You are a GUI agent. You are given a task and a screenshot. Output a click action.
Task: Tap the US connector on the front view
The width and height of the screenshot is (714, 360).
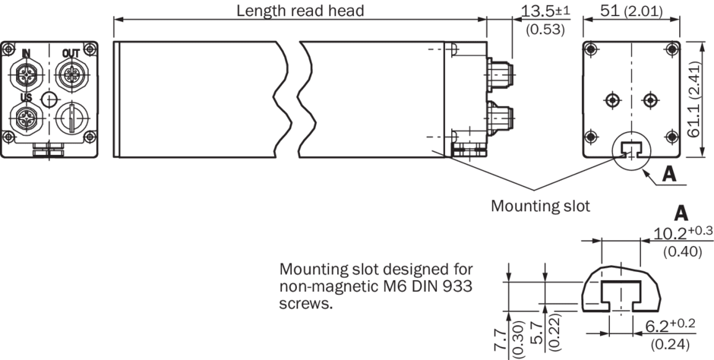[x=27, y=118]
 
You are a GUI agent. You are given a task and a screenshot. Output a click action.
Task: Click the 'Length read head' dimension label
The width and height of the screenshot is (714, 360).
[x=300, y=11]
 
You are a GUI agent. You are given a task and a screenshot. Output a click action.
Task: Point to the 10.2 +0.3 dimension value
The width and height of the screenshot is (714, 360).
[x=681, y=232]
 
